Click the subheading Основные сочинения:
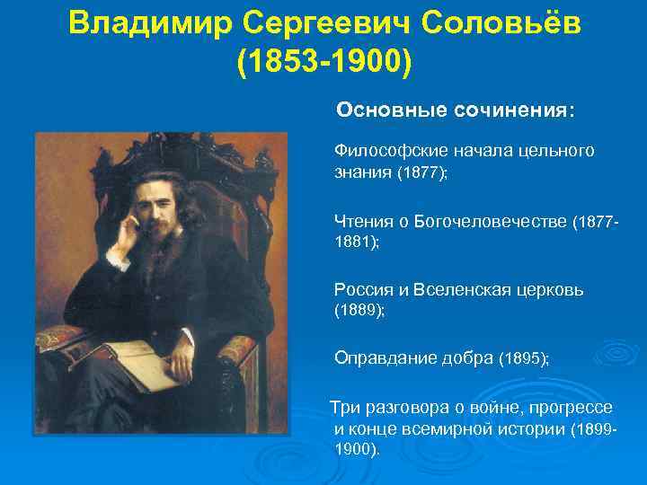tap(456, 110)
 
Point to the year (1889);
tap(359, 310)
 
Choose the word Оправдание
tap(380, 357)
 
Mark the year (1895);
tap(523, 358)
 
